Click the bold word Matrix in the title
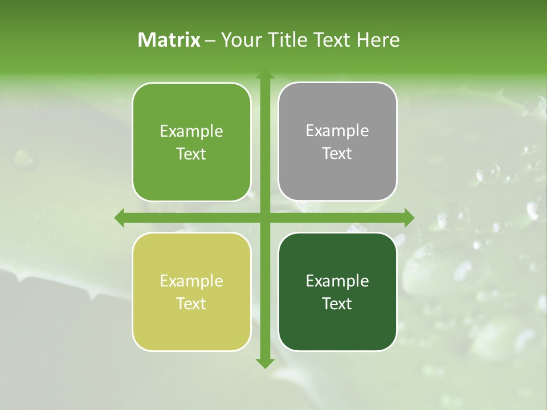[169, 40]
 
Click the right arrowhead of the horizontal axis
[409, 218]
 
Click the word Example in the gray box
[337, 131]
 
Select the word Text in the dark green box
[337, 304]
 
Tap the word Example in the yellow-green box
[191, 281]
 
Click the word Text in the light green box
[191, 154]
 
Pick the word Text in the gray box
[337, 153]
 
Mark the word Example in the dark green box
[337, 281]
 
